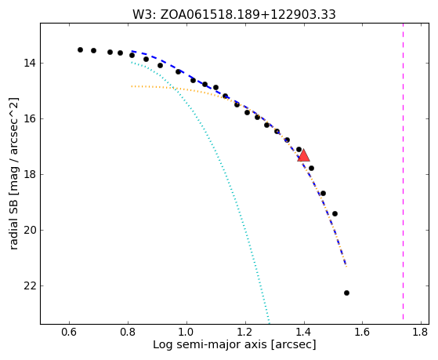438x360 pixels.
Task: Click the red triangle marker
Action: click(x=304, y=156)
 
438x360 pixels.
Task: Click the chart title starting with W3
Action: click(x=234, y=15)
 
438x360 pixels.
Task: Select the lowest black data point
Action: click(x=346, y=293)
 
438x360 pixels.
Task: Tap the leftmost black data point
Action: click(x=80, y=49)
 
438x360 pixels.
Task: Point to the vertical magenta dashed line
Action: click(x=403, y=171)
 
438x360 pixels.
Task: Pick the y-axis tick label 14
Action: click(x=30, y=64)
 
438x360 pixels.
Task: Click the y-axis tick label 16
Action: click(x=30, y=119)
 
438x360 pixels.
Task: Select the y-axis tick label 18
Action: click(x=30, y=175)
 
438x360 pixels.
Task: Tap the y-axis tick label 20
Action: click(x=30, y=231)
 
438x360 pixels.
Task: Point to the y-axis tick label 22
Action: click(x=30, y=285)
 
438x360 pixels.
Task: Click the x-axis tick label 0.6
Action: click(x=69, y=332)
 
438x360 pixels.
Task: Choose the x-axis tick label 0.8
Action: click(x=128, y=332)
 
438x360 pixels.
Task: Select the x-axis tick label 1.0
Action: click(x=186, y=332)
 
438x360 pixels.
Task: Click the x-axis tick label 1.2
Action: click(x=245, y=332)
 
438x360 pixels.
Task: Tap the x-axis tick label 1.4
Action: click(x=304, y=332)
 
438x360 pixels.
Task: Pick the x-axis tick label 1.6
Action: click(x=363, y=332)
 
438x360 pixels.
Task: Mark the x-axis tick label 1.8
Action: click(x=422, y=332)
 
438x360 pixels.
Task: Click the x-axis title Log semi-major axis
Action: click(x=210, y=345)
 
